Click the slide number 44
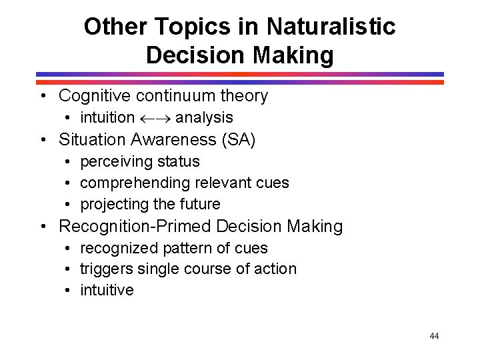tap(434, 336)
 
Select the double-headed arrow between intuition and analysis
tap(155, 118)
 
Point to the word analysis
tap(204, 118)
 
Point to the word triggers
tap(106, 269)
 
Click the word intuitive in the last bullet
tap(107, 291)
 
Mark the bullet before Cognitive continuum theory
tap(43, 96)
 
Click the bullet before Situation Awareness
tap(43, 140)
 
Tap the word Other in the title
tap(109, 27)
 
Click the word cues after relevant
tap(273, 183)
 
